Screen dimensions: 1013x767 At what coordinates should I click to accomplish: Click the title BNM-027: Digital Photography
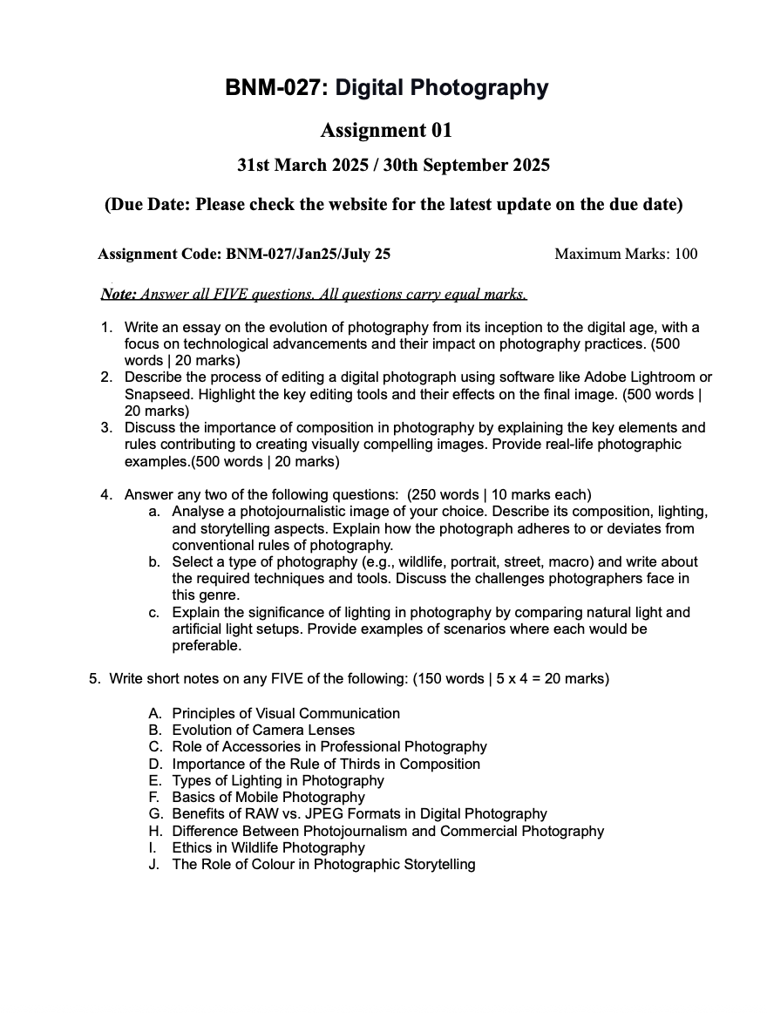386,87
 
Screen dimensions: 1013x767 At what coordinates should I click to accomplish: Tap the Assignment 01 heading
386,131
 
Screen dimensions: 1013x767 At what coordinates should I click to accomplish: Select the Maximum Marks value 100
686,255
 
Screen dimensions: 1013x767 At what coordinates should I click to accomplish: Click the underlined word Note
118,295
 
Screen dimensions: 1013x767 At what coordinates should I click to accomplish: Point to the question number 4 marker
105,495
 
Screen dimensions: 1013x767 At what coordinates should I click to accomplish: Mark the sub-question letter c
153,613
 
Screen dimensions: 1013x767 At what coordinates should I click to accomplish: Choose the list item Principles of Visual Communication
286,714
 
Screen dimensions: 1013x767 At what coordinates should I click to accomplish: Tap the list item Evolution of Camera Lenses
263,731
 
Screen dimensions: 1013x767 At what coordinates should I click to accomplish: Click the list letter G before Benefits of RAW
155,814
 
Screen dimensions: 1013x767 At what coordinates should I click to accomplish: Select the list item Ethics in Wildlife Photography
268,847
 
